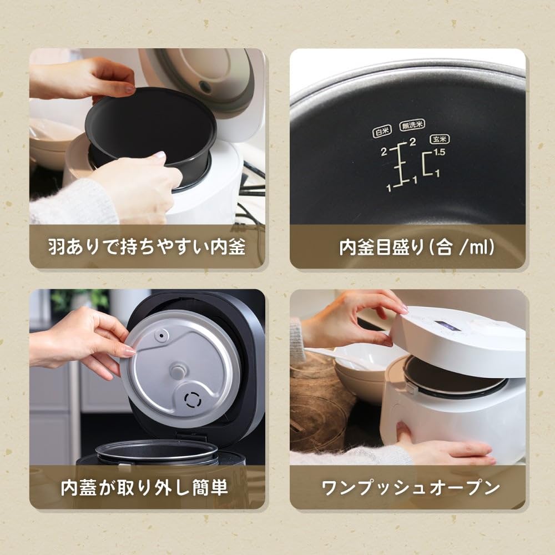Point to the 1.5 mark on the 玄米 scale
[x=440, y=152]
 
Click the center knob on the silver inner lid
[x=179, y=369]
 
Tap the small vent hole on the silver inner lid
[x=163, y=336]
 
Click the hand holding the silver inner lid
[x=83, y=341]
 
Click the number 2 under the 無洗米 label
[x=412, y=142]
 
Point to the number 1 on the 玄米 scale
[x=438, y=174]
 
